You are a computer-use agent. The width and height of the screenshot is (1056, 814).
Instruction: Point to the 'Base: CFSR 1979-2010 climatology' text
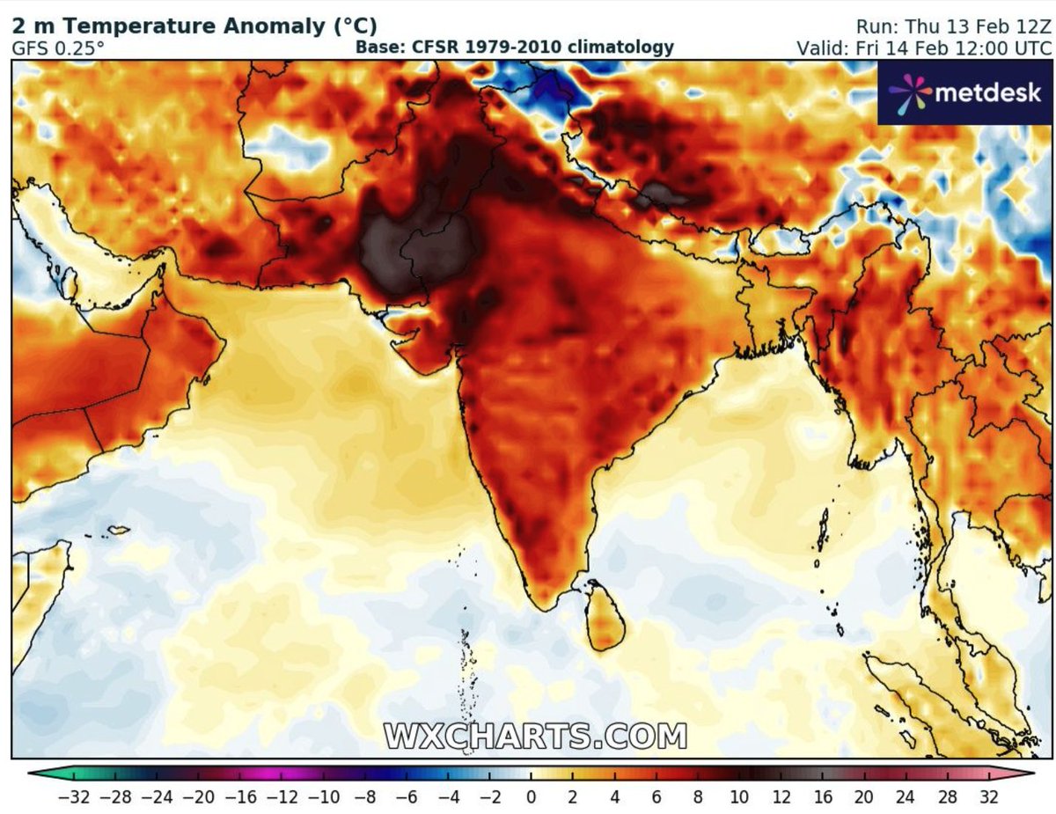pos(515,48)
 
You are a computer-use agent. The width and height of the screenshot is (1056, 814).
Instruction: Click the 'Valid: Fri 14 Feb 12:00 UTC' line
pos(923,48)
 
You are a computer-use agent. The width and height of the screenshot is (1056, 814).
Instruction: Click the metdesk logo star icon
pos(906,92)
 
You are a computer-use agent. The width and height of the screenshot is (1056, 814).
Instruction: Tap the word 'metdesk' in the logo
pos(986,92)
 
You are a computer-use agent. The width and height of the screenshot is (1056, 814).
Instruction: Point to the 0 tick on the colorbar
pos(531,797)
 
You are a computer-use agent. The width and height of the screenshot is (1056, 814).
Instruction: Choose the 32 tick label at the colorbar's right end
pos(987,797)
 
